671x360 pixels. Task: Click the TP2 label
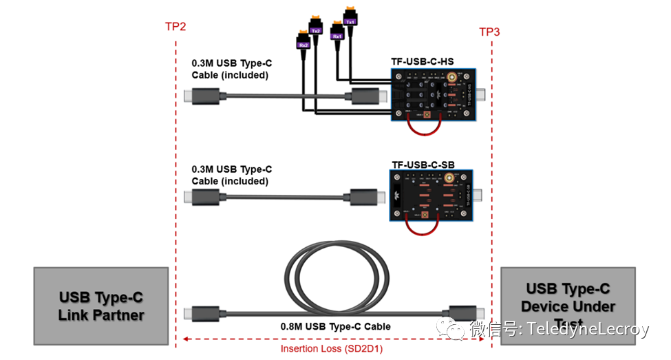coord(175,27)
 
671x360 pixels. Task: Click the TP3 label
coord(489,32)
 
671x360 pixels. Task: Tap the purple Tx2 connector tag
coord(316,30)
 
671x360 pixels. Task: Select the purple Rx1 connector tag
coord(337,36)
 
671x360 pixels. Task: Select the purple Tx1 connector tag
coord(350,21)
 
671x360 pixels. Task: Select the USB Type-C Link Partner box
coord(101,306)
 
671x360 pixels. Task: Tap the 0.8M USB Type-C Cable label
coord(335,326)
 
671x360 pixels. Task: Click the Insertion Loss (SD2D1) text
coord(332,348)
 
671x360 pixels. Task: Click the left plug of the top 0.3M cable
coord(204,97)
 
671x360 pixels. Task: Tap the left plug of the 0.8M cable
coord(204,312)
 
